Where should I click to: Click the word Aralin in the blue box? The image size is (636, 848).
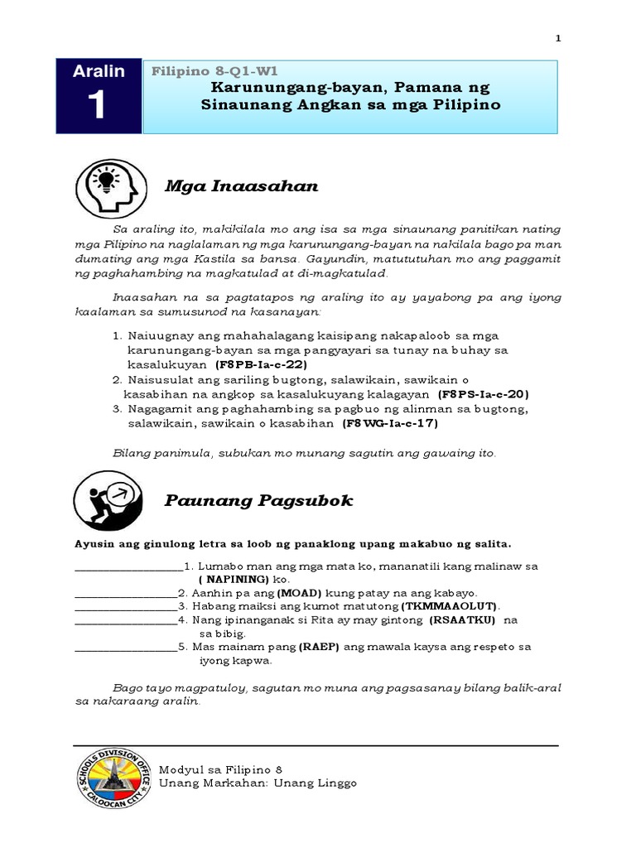tap(99, 72)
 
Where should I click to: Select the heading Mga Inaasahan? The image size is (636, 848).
tap(241, 186)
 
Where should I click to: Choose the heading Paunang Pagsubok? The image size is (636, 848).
tap(258, 500)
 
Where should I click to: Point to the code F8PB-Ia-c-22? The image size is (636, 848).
tap(262, 364)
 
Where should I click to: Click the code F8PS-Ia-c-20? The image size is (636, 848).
tap(484, 394)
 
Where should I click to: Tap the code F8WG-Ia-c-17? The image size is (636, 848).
tap(389, 423)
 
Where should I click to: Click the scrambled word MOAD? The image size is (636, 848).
tap(300, 594)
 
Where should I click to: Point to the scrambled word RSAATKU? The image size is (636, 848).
tap(462, 619)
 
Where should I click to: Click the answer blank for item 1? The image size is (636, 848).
tap(128, 567)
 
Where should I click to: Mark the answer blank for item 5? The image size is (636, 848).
tap(125, 648)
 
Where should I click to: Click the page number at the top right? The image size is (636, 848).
tap(557, 38)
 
